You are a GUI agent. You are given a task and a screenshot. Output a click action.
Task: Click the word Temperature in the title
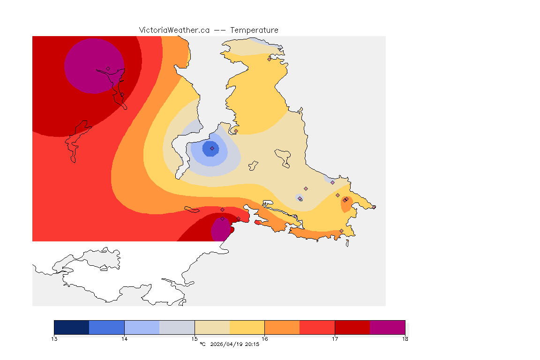[x=254, y=30]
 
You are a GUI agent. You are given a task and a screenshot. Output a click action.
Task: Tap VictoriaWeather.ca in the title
[x=174, y=30]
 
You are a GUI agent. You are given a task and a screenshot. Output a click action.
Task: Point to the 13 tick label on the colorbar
[x=54, y=338]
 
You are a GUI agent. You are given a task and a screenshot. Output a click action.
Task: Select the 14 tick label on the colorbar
[x=124, y=338]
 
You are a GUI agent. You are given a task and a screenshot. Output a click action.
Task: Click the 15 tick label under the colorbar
[x=195, y=338]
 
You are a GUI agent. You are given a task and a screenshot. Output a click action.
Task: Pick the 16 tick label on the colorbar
[x=264, y=338]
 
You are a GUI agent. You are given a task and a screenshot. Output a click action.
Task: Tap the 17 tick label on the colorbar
[x=335, y=338]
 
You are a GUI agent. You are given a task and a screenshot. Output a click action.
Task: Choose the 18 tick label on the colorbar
[x=405, y=338]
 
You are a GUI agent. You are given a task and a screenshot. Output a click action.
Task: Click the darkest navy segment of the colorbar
[x=72, y=327]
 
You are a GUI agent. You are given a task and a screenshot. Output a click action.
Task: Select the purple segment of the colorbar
[x=387, y=327]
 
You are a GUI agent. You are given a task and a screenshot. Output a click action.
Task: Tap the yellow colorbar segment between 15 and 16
[x=247, y=327]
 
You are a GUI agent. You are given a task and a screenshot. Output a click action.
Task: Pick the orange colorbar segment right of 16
[x=282, y=327]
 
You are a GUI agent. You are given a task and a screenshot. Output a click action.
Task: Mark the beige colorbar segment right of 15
[x=212, y=327]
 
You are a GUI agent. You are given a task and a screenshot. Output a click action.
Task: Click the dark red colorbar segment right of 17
[x=352, y=327]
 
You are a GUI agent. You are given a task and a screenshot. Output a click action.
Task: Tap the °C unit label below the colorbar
[x=202, y=345]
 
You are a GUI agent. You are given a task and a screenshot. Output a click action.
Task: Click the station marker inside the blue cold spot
[x=212, y=148]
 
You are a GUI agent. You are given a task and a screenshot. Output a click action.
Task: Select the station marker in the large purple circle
[x=108, y=68]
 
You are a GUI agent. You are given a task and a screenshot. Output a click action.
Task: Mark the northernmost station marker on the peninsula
[x=269, y=59]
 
